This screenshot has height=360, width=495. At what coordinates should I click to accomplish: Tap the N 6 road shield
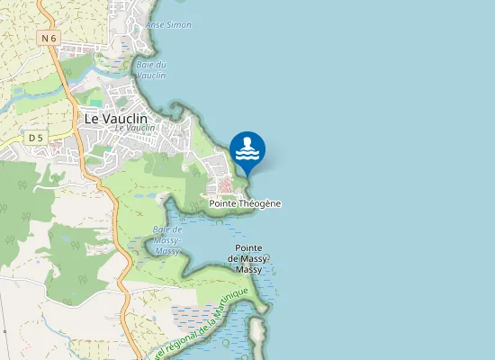click(x=49, y=38)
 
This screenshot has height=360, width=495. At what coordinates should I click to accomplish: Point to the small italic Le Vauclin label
click(x=135, y=128)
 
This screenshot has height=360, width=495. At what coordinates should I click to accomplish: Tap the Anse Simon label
click(x=168, y=24)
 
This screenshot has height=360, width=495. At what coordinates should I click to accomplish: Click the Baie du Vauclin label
click(x=151, y=70)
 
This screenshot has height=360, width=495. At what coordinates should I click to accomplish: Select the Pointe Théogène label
click(x=245, y=203)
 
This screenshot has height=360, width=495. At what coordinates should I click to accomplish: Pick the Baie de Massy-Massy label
click(x=166, y=240)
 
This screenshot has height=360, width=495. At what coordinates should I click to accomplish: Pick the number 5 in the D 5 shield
click(x=40, y=137)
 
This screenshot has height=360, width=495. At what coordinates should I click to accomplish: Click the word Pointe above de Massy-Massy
click(x=248, y=247)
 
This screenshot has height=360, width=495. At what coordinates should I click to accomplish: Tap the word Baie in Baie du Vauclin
click(x=143, y=65)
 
